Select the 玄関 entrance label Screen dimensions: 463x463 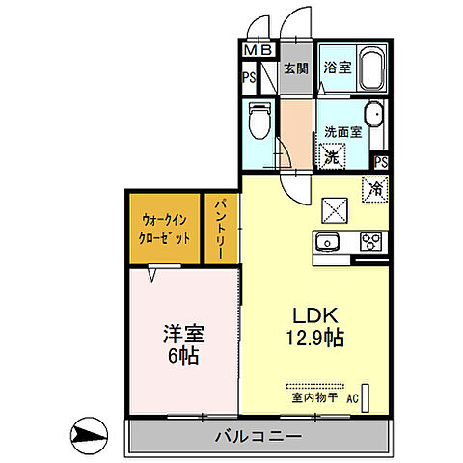[x=295, y=68]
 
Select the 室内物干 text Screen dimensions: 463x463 [x=310, y=396]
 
